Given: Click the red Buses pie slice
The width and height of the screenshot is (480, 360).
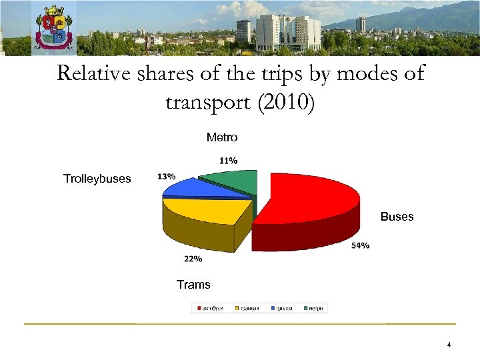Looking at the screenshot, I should point(310,203).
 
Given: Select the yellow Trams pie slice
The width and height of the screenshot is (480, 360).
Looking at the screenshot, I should point(200,212).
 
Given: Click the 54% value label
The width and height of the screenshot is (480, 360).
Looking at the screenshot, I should point(361,246).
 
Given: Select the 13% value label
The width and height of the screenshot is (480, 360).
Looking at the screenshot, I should point(167,177).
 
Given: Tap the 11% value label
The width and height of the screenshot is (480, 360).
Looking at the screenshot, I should point(229,161).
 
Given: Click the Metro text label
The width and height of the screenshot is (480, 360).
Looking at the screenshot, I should point(222,137).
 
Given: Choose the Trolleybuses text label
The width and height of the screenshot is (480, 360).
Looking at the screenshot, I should point(97,179).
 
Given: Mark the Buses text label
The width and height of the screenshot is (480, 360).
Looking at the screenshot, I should point(397,217).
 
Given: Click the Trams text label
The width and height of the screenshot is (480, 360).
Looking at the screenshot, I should point(193,285).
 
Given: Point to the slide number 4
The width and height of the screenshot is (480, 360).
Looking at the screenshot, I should point(449,345).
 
